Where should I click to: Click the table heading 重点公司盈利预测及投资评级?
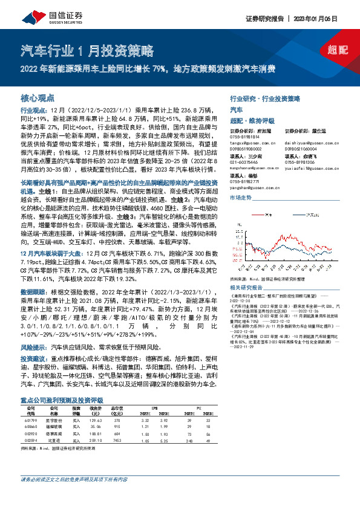click(62, 400)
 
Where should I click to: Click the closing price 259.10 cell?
click(96, 442)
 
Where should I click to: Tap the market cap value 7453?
click(118, 442)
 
